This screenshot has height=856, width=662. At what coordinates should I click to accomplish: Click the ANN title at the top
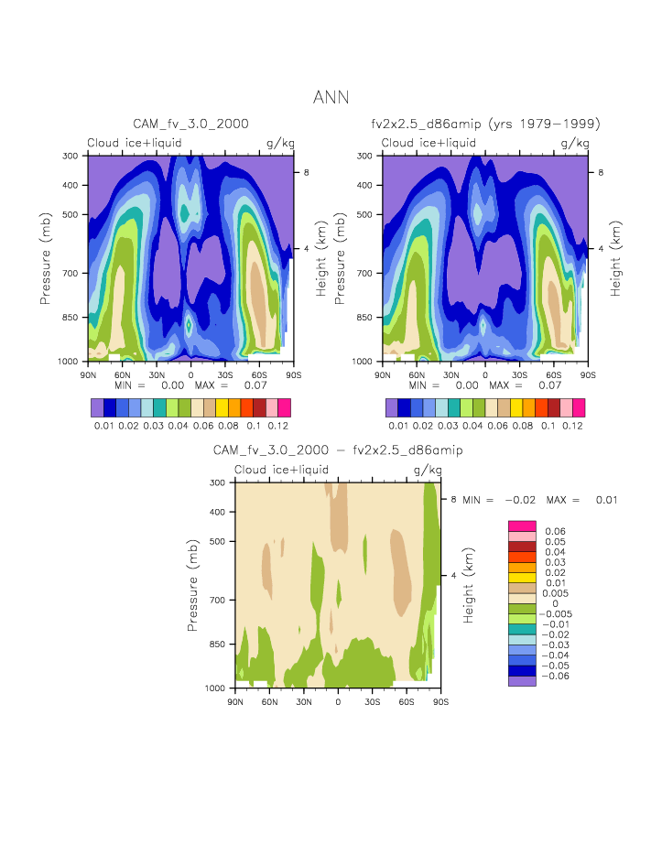coord(331,98)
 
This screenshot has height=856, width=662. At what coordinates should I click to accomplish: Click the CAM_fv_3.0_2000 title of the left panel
coord(190,124)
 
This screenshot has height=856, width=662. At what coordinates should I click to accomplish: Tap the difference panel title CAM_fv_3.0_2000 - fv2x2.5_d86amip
coord(337,450)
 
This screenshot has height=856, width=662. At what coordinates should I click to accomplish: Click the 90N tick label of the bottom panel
coord(234,701)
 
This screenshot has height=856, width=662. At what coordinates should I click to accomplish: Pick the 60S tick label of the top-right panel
coord(553,374)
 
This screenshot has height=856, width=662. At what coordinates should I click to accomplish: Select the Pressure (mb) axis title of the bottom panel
coord(194,584)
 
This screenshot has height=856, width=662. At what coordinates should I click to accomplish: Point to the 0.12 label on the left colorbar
coord(277,427)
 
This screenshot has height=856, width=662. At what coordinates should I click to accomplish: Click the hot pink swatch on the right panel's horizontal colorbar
coord(578,407)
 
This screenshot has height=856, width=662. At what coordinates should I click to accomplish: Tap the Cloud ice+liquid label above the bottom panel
coord(281,470)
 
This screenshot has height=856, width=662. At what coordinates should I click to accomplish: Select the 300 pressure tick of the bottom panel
coord(218,482)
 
